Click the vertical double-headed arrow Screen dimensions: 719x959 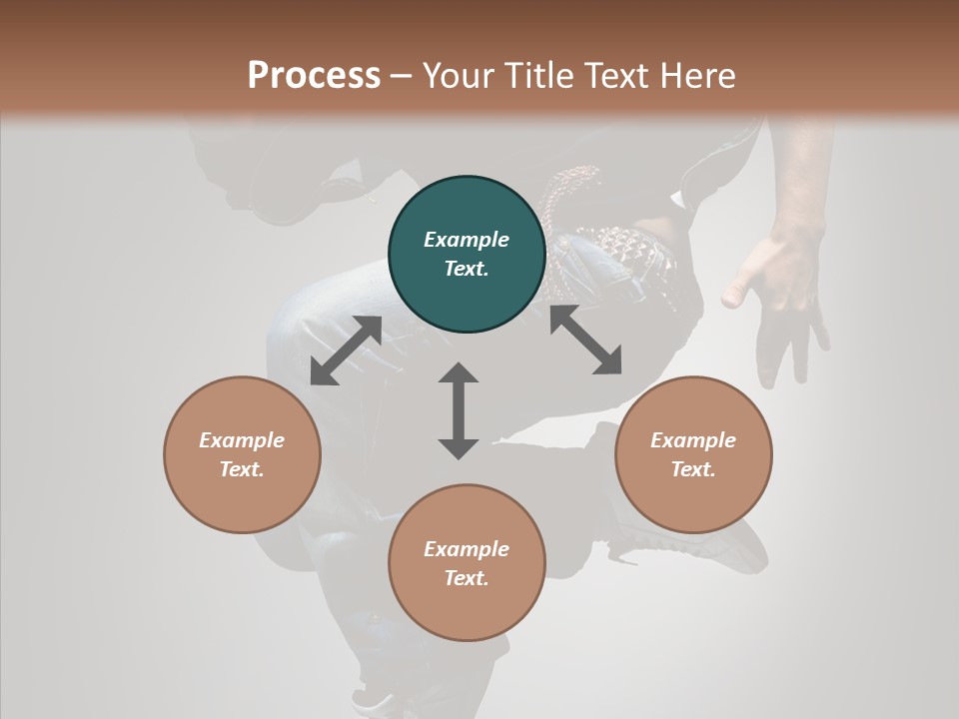(x=459, y=410)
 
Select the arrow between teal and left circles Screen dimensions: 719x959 (x=346, y=351)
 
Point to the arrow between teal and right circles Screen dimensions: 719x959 (x=585, y=340)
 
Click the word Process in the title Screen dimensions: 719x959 (x=314, y=75)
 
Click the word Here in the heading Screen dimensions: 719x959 (x=696, y=75)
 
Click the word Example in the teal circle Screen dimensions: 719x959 (x=467, y=240)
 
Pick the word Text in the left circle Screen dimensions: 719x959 (x=242, y=469)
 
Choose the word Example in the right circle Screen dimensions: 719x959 (x=693, y=440)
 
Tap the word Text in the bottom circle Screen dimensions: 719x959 (x=467, y=578)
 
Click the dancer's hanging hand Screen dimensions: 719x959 (x=784, y=300)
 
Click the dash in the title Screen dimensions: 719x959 (x=402, y=76)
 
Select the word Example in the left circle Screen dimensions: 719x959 (x=242, y=440)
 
